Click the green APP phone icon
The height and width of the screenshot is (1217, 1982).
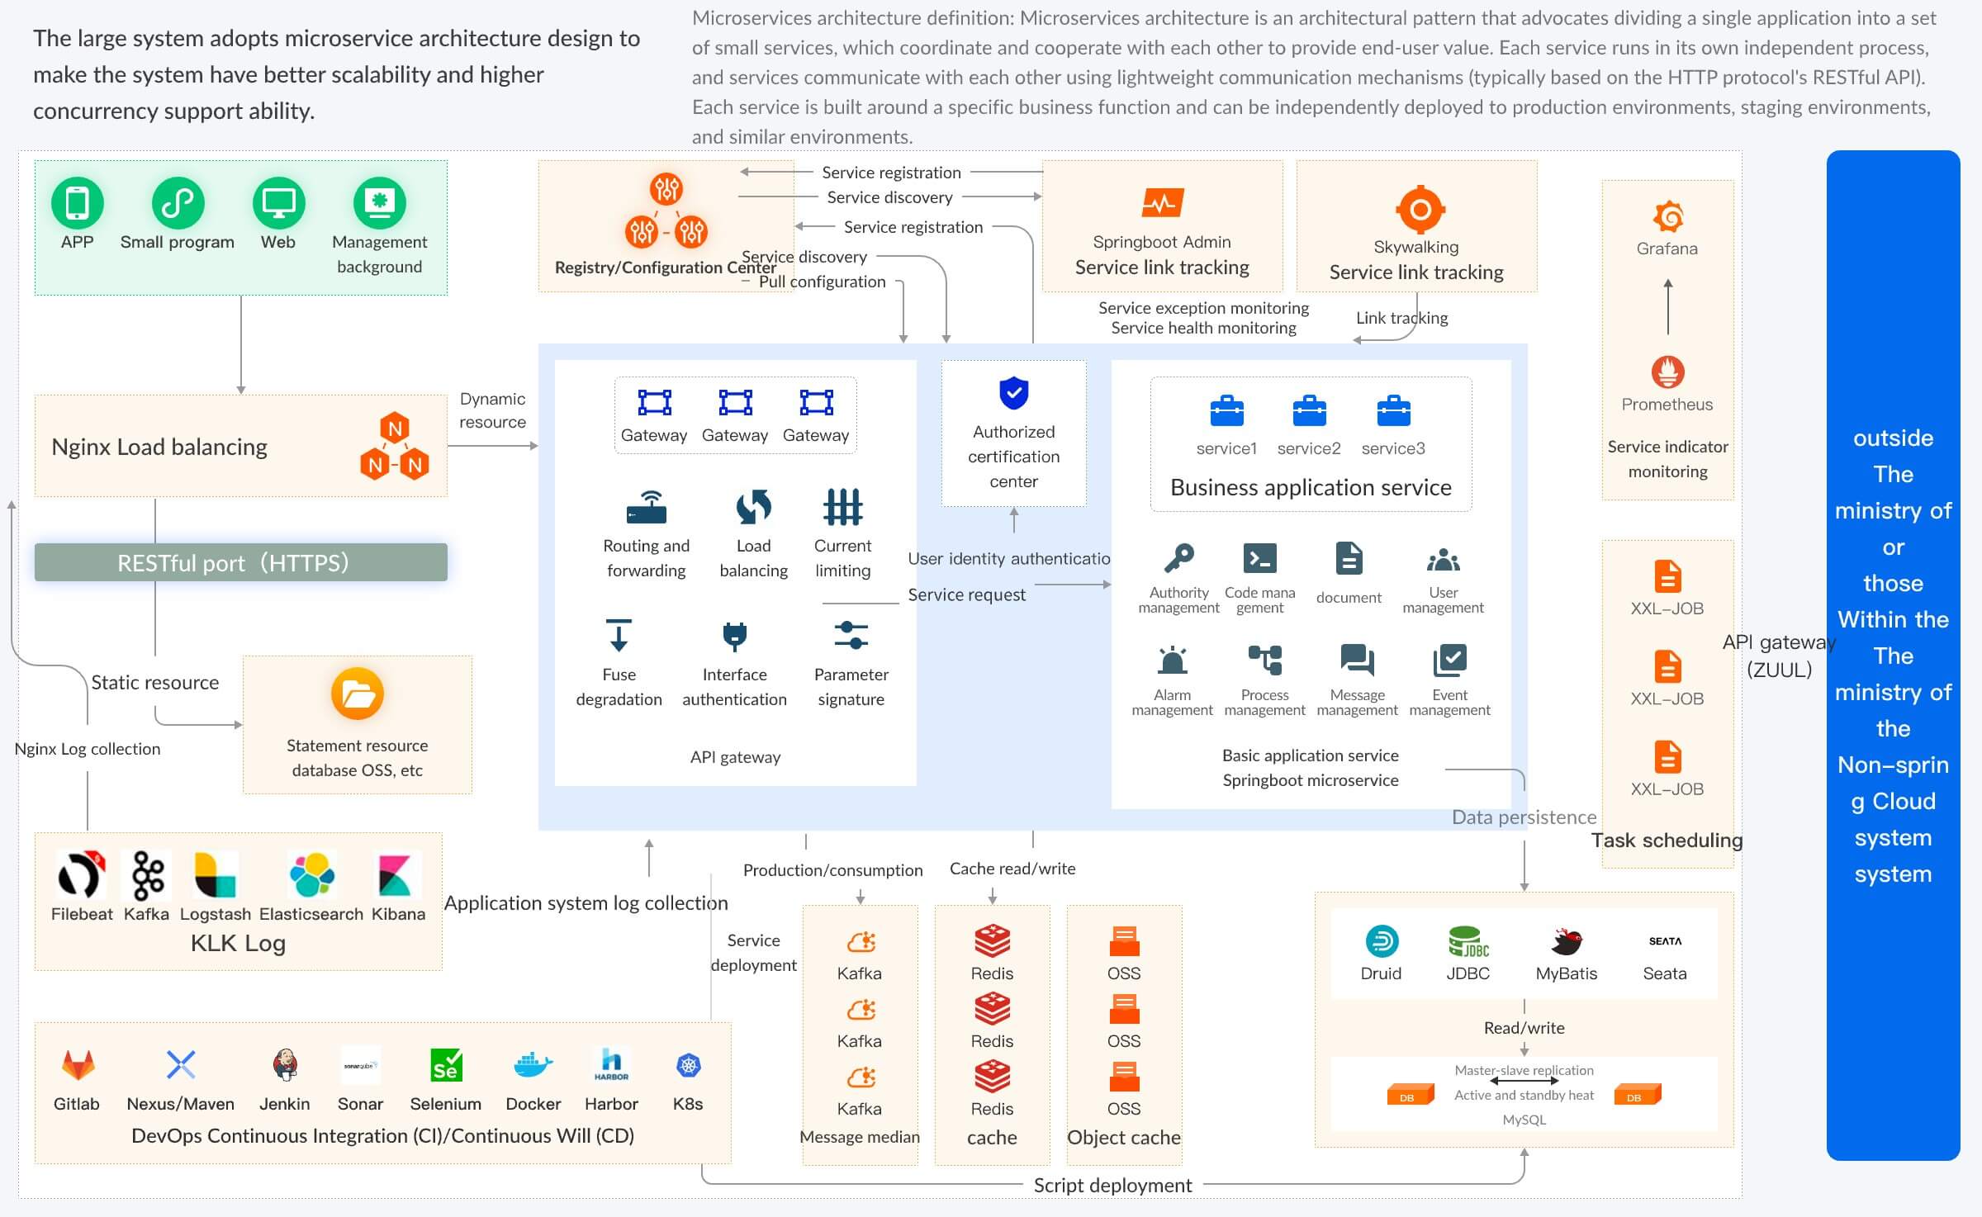point(77,203)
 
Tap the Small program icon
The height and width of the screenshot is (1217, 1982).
point(178,203)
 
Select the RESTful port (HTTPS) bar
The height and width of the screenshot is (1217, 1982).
point(241,562)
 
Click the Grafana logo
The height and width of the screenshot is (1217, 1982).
point(1668,216)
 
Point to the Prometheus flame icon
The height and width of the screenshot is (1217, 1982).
point(1667,372)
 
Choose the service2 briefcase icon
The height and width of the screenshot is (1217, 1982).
point(1309,410)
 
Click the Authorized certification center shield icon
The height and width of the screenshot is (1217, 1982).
point(1013,393)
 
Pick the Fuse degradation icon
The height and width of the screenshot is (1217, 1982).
point(619,636)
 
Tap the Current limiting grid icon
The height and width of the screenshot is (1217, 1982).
point(842,507)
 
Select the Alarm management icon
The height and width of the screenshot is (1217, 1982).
point(1173,661)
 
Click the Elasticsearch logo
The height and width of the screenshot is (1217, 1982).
point(311,875)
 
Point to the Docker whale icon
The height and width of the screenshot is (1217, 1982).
point(533,1065)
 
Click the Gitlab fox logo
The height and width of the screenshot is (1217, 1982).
point(78,1065)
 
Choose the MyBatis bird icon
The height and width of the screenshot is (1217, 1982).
point(1566,941)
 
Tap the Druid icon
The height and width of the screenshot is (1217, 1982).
point(1382,941)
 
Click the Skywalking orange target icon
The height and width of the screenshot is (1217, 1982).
point(1420,209)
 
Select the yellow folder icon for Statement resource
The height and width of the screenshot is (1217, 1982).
point(357,694)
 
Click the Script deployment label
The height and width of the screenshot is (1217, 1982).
point(1112,1186)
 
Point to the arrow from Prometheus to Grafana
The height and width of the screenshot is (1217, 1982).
point(1668,306)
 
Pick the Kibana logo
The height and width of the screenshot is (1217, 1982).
point(396,875)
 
